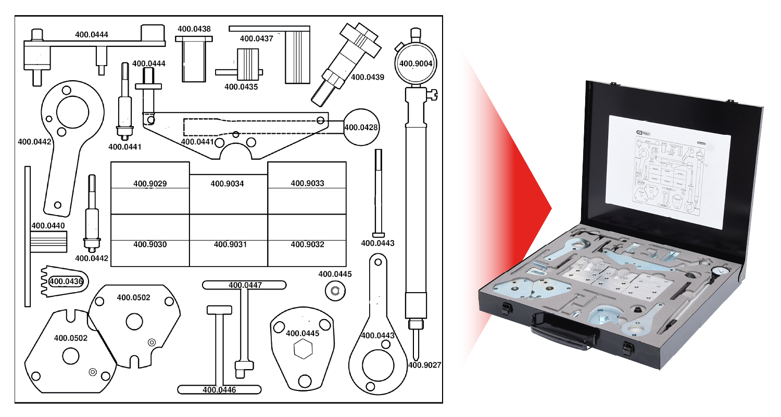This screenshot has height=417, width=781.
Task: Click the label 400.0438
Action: click(194, 29)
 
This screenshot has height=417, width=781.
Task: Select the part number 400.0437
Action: click(256, 39)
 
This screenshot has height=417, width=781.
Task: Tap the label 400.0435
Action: click(241, 86)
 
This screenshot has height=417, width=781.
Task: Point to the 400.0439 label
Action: click(368, 77)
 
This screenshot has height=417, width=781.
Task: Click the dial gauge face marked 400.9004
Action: click(415, 64)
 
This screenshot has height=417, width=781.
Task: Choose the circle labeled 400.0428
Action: click(361, 127)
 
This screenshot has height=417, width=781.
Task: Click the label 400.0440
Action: click(48, 226)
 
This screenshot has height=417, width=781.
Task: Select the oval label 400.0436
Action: click(67, 282)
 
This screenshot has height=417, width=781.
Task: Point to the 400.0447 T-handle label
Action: click(245, 285)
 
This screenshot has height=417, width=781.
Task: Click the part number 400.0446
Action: click(219, 389)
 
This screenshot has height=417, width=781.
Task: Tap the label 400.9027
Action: click(425, 365)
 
